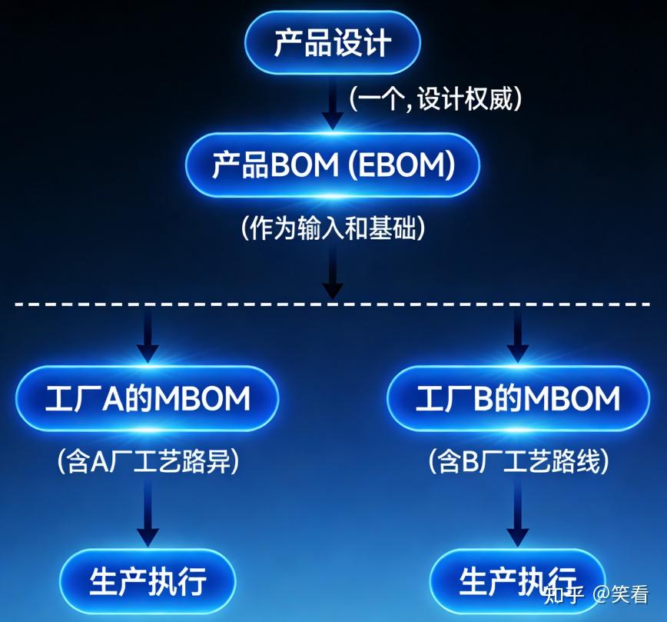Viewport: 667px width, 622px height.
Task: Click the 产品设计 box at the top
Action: tap(333, 42)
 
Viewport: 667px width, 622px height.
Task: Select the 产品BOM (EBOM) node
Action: tap(333, 165)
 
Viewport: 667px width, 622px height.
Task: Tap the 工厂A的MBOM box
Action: tap(148, 398)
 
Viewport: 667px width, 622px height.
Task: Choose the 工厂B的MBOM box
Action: tap(518, 398)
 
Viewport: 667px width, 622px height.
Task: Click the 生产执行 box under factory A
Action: tap(148, 581)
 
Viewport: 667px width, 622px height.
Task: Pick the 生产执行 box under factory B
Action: tap(518, 581)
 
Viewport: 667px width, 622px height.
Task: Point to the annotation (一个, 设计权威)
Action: tap(435, 99)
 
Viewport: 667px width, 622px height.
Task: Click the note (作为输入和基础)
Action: tap(333, 228)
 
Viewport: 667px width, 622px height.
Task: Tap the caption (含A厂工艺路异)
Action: tap(148, 461)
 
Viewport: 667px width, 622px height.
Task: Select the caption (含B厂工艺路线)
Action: tap(518, 461)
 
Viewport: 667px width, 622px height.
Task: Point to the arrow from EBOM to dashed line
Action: tap(333, 271)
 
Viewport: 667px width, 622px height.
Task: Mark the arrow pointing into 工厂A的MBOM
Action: tap(148, 335)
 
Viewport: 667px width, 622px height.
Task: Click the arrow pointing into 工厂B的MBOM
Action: tap(518, 335)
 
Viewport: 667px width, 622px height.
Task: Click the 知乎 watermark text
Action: tap(564, 594)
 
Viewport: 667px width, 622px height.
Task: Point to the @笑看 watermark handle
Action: tap(621, 594)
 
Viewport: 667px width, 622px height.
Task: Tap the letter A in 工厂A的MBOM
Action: tap(114, 398)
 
